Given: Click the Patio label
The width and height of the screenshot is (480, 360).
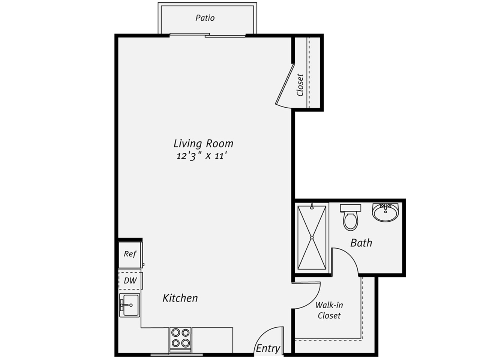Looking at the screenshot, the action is (205, 18).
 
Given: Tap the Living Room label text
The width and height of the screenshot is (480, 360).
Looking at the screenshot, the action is (203, 144).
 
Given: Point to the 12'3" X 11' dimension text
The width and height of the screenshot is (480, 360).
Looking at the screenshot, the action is (201, 156).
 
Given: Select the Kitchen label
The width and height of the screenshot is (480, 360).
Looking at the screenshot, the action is (180, 298).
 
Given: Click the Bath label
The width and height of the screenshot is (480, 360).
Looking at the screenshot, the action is (361, 243).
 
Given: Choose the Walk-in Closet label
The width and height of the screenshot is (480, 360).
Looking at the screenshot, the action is (329, 310).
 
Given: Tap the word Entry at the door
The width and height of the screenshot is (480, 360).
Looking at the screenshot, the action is (268, 348).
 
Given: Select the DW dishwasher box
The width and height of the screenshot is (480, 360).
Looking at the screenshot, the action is (130, 280).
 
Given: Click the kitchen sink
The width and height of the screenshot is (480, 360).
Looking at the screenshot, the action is (129, 305).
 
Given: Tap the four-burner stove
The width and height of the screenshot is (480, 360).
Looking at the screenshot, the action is (180, 340).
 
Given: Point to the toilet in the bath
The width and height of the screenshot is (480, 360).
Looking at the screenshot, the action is (350, 217).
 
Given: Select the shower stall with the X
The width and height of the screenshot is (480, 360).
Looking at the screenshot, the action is (312, 237).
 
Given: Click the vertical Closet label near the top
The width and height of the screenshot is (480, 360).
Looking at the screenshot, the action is (300, 85).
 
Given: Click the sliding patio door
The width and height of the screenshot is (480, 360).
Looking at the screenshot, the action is (207, 35).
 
